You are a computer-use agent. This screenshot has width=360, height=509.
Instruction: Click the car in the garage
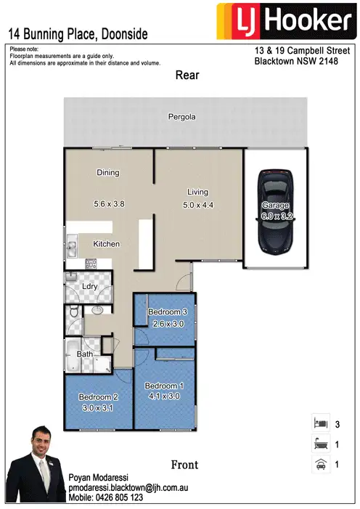[x=275, y=211]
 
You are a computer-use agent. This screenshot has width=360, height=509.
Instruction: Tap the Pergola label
[x=182, y=116]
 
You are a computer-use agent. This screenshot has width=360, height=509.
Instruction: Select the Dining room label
[x=107, y=173]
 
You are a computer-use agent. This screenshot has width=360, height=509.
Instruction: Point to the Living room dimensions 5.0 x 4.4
[x=197, y=205]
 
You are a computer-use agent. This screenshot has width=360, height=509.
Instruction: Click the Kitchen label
[x=106, y=244]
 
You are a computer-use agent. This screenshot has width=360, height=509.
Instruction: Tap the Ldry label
[x=90, y=286]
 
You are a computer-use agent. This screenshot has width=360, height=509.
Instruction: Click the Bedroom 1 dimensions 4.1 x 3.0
[x=162, y=396]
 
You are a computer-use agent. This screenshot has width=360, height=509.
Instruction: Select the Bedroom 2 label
[x=97, y=398]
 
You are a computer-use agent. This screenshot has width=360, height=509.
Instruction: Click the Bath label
[x=84, y=354]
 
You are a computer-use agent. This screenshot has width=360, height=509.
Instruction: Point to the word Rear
[x=187, y=75]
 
